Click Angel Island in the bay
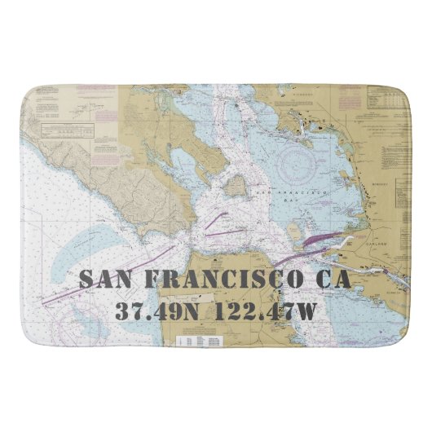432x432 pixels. click(x=236, y=187)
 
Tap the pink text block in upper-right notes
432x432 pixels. click(x=349, y=103)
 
